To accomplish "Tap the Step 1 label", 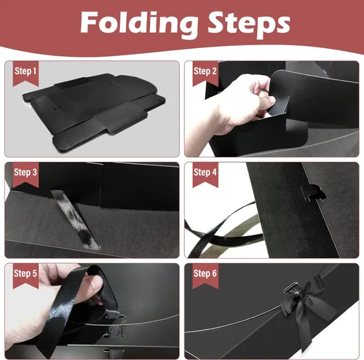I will click(27, 71).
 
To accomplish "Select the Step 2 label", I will click(205, 71).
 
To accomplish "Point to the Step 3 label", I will click(27, 172).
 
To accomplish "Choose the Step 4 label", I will click(205, 172).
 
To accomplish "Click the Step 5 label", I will click(27, 273).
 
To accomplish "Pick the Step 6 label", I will click(205, 273).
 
